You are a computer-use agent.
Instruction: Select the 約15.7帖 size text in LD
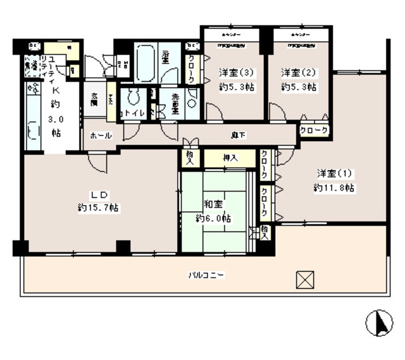(x=99, y=208)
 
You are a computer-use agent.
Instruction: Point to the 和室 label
(x=213, y=204)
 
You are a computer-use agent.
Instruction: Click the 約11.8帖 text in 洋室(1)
(x=333, y=188)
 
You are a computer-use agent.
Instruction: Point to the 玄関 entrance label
(x=95, y=98)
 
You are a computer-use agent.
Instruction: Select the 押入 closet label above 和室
(x=230, y=158)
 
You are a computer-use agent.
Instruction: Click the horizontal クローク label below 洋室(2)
(x=314, y=130)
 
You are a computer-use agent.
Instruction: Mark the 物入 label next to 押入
(x=189, y=158)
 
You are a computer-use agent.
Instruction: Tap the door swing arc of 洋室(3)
(x=213, y=113)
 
